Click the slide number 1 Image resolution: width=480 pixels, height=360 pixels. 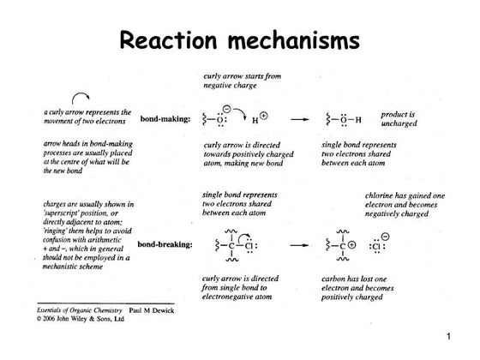pyautogui.click(x=460, y=340)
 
